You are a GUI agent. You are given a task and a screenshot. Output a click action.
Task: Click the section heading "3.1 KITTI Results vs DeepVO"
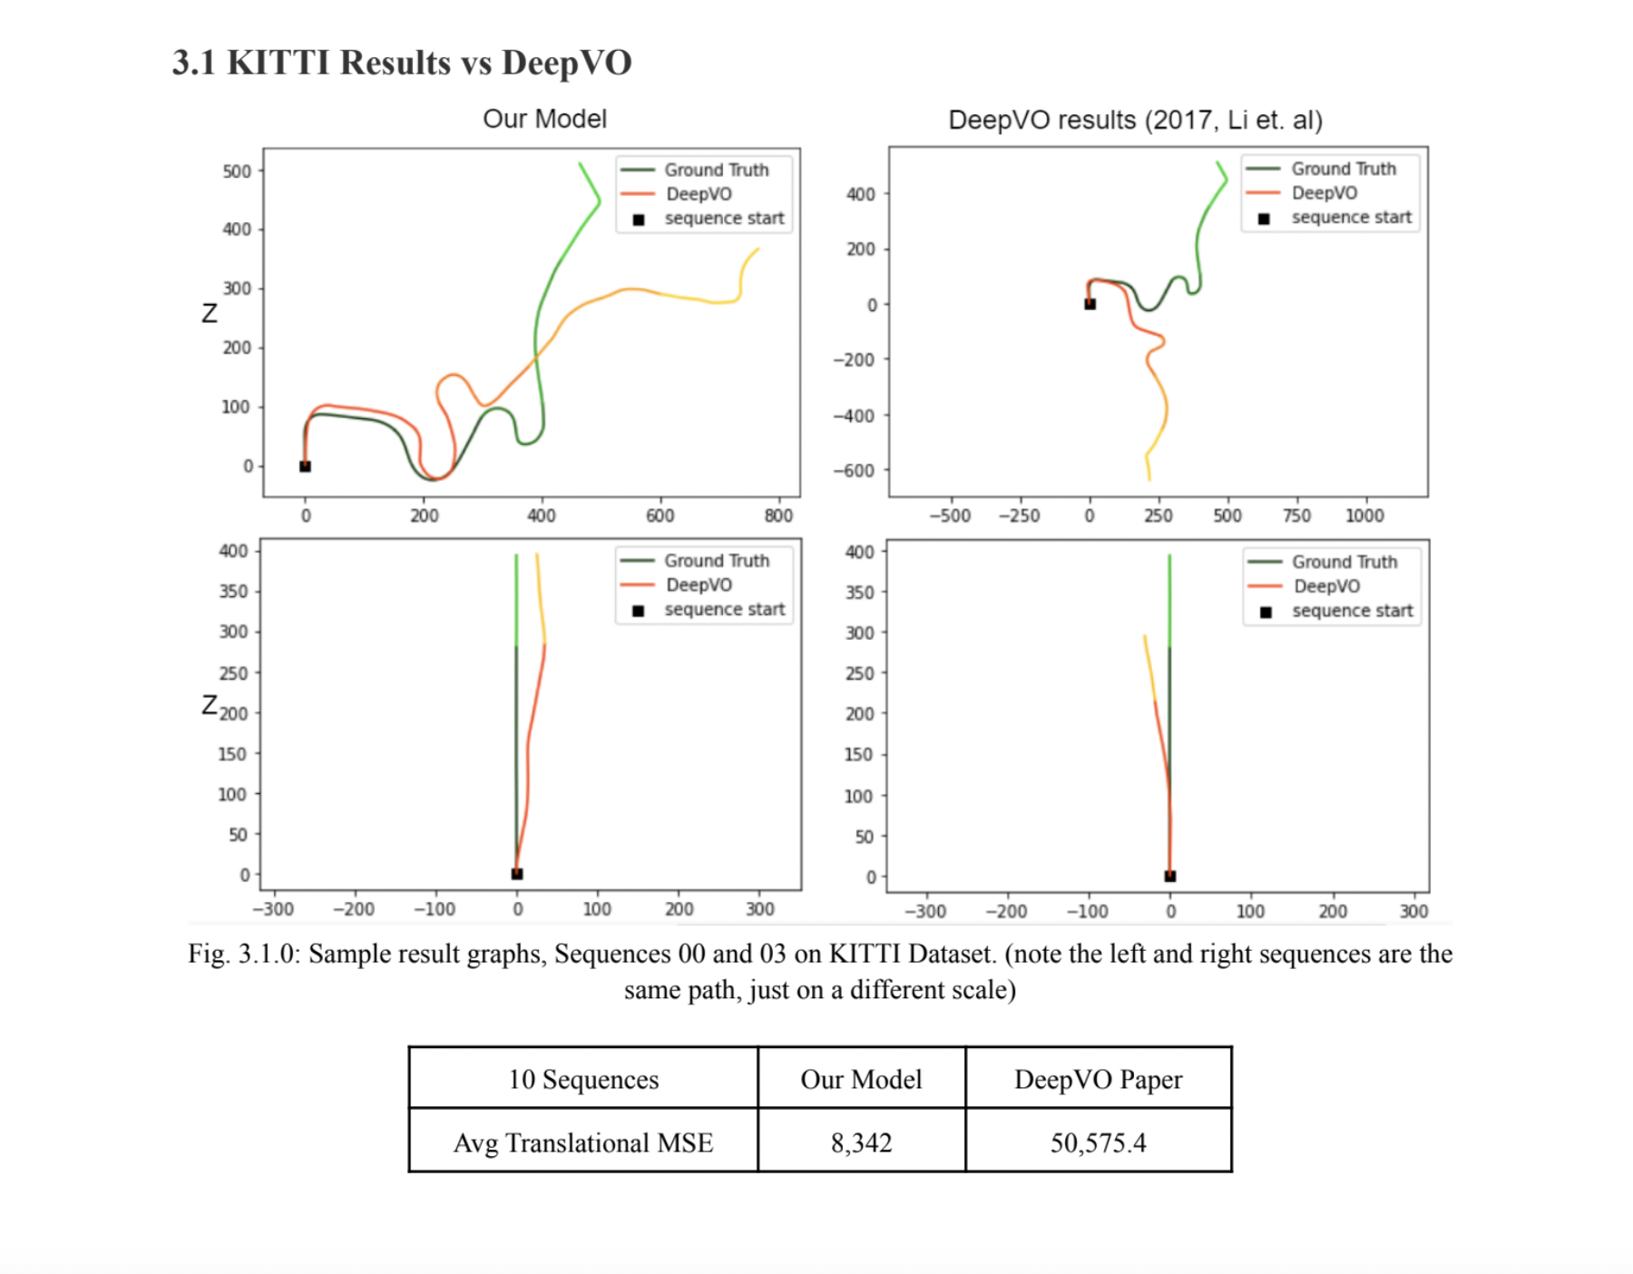[402, 63]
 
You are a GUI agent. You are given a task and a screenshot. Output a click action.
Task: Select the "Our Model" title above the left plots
[544, 119]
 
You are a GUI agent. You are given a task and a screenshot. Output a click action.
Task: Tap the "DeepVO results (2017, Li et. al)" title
[1135, 120]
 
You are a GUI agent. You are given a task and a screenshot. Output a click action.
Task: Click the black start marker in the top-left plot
[306, 466]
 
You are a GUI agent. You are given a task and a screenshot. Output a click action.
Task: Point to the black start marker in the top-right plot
[1090, 304]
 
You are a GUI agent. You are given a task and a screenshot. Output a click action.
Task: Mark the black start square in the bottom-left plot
[517, 874]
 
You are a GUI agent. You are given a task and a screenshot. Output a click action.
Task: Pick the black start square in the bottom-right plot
[1170, 876]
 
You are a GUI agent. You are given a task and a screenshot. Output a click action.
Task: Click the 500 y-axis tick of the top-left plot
[237, 171]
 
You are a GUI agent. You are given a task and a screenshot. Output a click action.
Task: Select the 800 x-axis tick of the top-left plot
[778, 515]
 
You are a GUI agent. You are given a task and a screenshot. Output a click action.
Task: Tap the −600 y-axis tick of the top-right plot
[855, 470]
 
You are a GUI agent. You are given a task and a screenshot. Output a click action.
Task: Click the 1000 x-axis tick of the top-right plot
[1364, 515]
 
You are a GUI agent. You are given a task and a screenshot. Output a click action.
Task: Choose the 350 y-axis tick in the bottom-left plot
[233, 592]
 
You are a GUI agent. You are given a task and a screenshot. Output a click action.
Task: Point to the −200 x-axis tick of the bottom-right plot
[1006, 911]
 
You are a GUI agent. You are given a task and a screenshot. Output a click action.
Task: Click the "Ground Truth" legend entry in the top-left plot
[716, 170]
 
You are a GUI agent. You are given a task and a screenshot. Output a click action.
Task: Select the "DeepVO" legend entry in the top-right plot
[1325, 192]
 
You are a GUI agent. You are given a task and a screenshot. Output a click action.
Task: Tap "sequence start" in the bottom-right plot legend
[1352, 611]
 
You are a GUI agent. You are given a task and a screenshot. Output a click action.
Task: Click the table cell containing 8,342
[861, 1142]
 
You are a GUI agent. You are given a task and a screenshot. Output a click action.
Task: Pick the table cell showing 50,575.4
[1098, 1142]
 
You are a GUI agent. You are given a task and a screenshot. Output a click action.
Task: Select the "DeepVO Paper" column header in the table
[1098, 1079]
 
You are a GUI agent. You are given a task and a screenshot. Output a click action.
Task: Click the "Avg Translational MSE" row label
[583, 1142]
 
